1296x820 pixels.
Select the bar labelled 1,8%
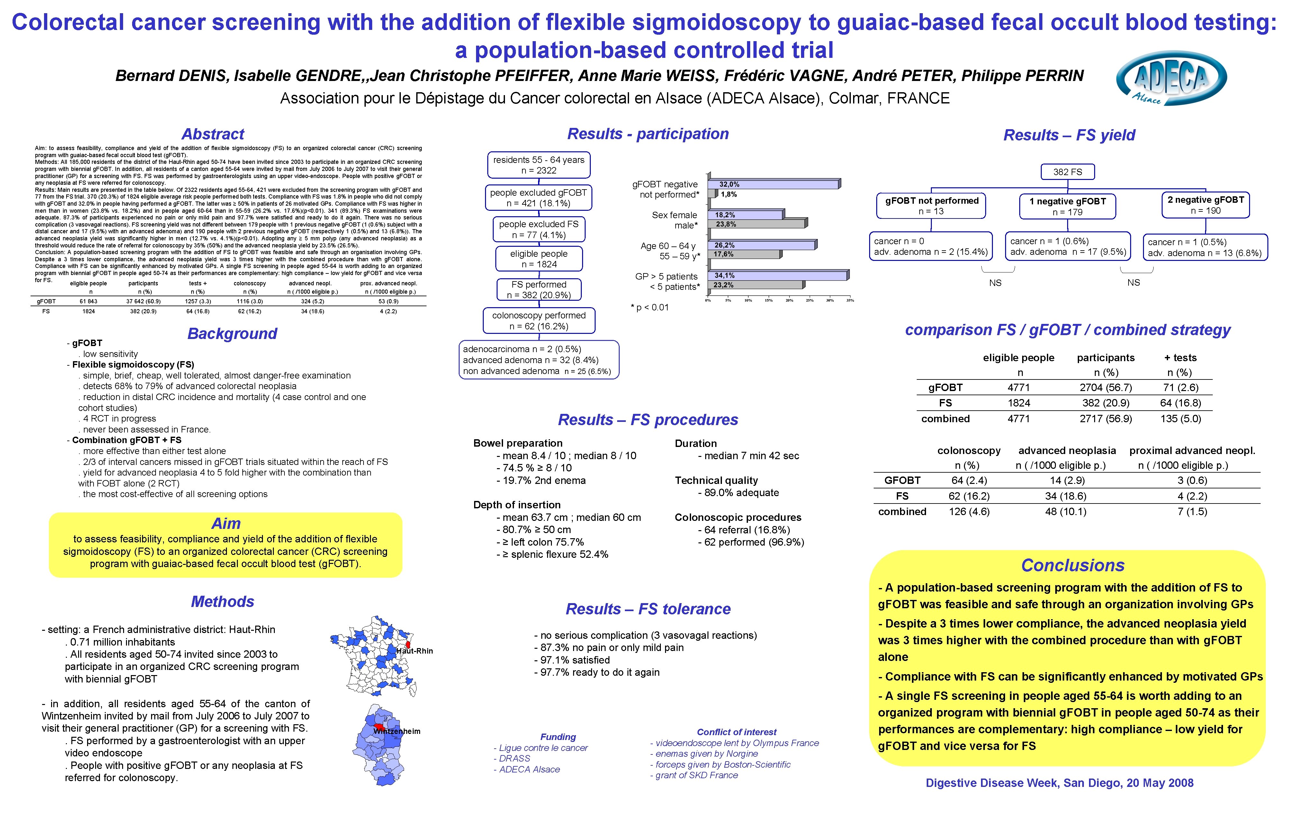713,194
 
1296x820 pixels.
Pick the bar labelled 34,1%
778,275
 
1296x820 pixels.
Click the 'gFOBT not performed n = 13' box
931,206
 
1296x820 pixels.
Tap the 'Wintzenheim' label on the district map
397,731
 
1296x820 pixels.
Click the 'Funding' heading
558,736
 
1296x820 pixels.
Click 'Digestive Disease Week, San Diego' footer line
1059,783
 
